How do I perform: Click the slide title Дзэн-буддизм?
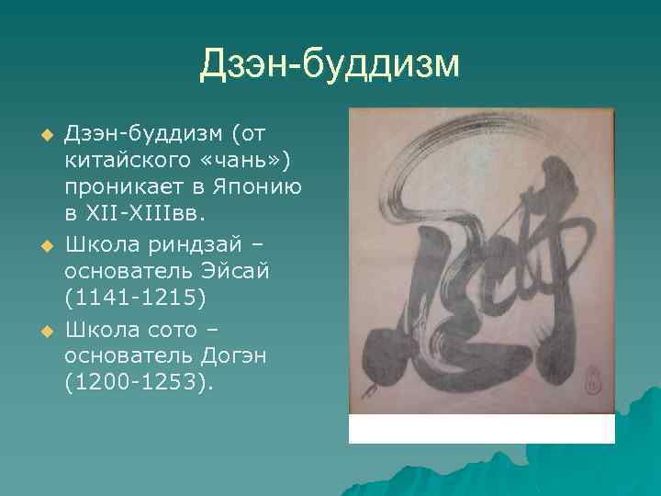tap(330, 64)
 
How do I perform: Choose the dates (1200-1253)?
tap(138, 381)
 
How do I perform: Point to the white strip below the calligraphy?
tap(481, 429)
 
